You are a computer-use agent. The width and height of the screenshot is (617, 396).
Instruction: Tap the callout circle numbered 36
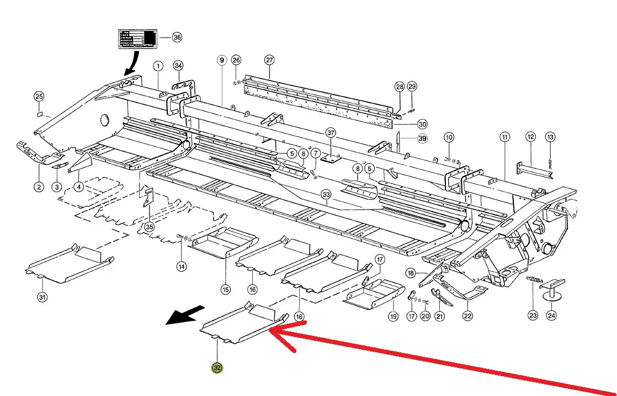pos(177,38)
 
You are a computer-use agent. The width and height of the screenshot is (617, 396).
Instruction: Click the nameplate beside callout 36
pos(137,39)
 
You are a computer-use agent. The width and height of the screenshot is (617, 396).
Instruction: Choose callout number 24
pos(552,315)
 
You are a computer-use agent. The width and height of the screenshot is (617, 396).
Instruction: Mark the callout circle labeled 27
pos(269,60)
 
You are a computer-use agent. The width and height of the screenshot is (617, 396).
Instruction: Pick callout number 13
pos(550,136)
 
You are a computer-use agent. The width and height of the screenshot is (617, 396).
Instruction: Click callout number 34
pos(178,66)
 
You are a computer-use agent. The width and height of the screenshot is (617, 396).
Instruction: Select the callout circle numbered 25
pos(39,97)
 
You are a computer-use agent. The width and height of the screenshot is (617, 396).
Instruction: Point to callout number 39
pos(422,138)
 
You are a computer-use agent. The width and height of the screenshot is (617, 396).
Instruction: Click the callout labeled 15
pos(225,289)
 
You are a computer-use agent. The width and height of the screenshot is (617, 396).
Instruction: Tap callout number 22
pos(467,315)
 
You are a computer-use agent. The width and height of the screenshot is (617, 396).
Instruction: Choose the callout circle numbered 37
pos(331,133)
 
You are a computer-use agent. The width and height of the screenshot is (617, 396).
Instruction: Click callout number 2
pos(39,187)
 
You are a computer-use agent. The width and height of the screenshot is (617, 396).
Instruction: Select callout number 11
pos(504,136)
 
